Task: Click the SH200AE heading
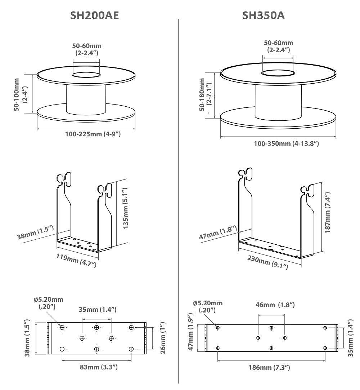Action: pyautogui.click(x=94, y=15)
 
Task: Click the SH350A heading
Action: pyautogui.click(x=264, y=15)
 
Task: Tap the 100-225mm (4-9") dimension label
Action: pyautogui.click(x=93, y=134)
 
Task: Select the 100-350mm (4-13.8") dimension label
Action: pyautogui.click(x=287, y=143)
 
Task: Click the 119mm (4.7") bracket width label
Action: pyautogui.click(x=76, y=260)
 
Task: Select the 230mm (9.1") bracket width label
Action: pyautogui.click(x=268, y=262)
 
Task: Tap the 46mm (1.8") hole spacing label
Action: pyautogui.click(x=275, y=305)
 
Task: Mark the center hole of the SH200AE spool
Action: pyautogui.click(x=86, y=75)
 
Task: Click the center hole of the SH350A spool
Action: pyautogui.click(x=277, y=74)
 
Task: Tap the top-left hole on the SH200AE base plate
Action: pyautogui.click(x=62, y=327)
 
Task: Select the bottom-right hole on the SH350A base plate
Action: pyautogui.click(x=325, y=348)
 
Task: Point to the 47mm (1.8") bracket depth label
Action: pyautogui.click(x=218, y=232)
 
